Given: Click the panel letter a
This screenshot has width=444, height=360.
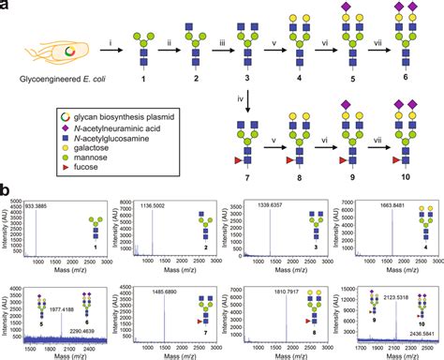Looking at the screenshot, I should click(7, 7).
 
